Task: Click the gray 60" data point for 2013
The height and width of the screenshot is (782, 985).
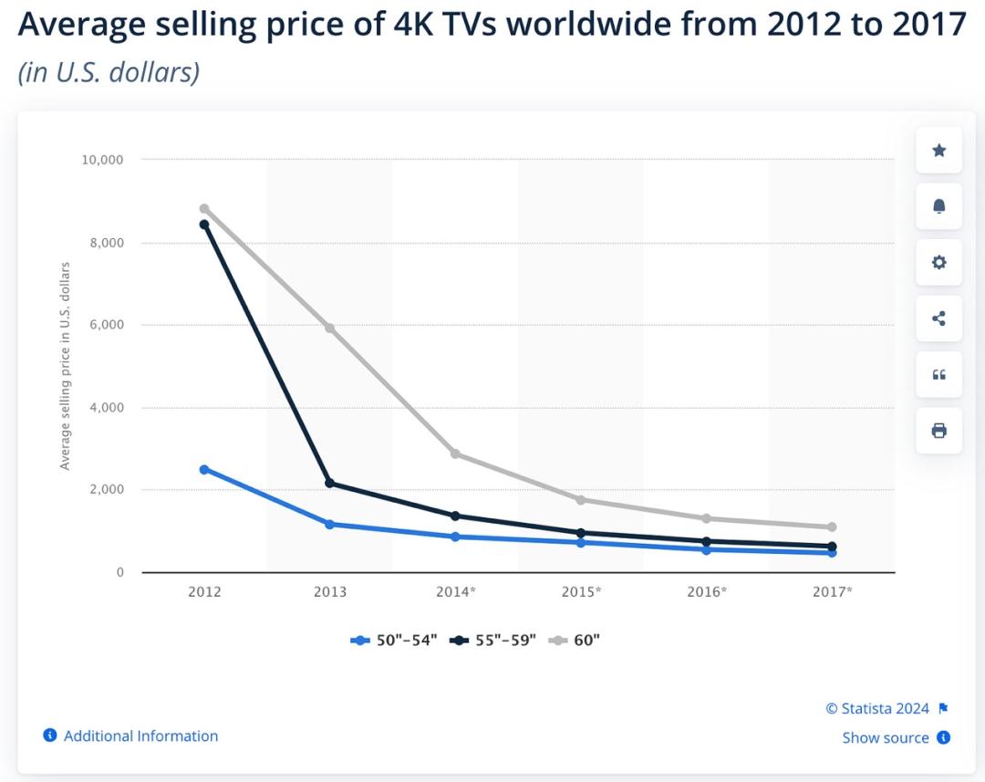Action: pos(330,328)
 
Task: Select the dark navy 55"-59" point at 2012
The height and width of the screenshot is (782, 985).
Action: pos(204,224)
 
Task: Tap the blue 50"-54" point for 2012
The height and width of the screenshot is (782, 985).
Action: pos(204,469)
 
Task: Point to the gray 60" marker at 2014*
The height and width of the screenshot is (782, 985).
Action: pos(455,454)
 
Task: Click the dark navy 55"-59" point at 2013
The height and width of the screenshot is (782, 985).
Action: pos(330,483)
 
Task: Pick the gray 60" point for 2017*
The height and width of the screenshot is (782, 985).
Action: pos(832,527)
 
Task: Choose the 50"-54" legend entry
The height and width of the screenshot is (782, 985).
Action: pos(395,640)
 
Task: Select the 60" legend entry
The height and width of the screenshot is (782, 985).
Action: pos(575,640)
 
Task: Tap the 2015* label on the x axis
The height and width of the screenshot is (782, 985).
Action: pos(581,591)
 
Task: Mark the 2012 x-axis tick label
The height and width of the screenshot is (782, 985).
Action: pos(204,591)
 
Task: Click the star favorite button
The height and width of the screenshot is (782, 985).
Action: pos(938,151)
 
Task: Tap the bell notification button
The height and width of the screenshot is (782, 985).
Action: pos(938,206)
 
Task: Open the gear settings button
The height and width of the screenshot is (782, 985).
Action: pos(938,263)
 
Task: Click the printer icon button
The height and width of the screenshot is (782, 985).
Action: pos(938,430)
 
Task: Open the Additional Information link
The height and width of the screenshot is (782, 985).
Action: pos(140,735)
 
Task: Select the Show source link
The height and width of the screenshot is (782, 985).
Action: pos(886,737)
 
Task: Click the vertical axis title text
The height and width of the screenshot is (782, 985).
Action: pos(66,366)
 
